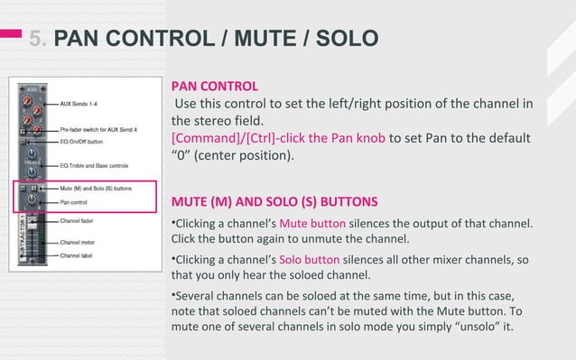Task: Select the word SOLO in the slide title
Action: click(343, 38)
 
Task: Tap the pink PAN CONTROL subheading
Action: click(215, 87)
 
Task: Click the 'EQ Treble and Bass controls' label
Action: click(98, 166)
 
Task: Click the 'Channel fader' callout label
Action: click(80, 219)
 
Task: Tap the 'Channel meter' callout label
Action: click(80, 242)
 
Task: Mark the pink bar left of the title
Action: click(10, 34)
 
